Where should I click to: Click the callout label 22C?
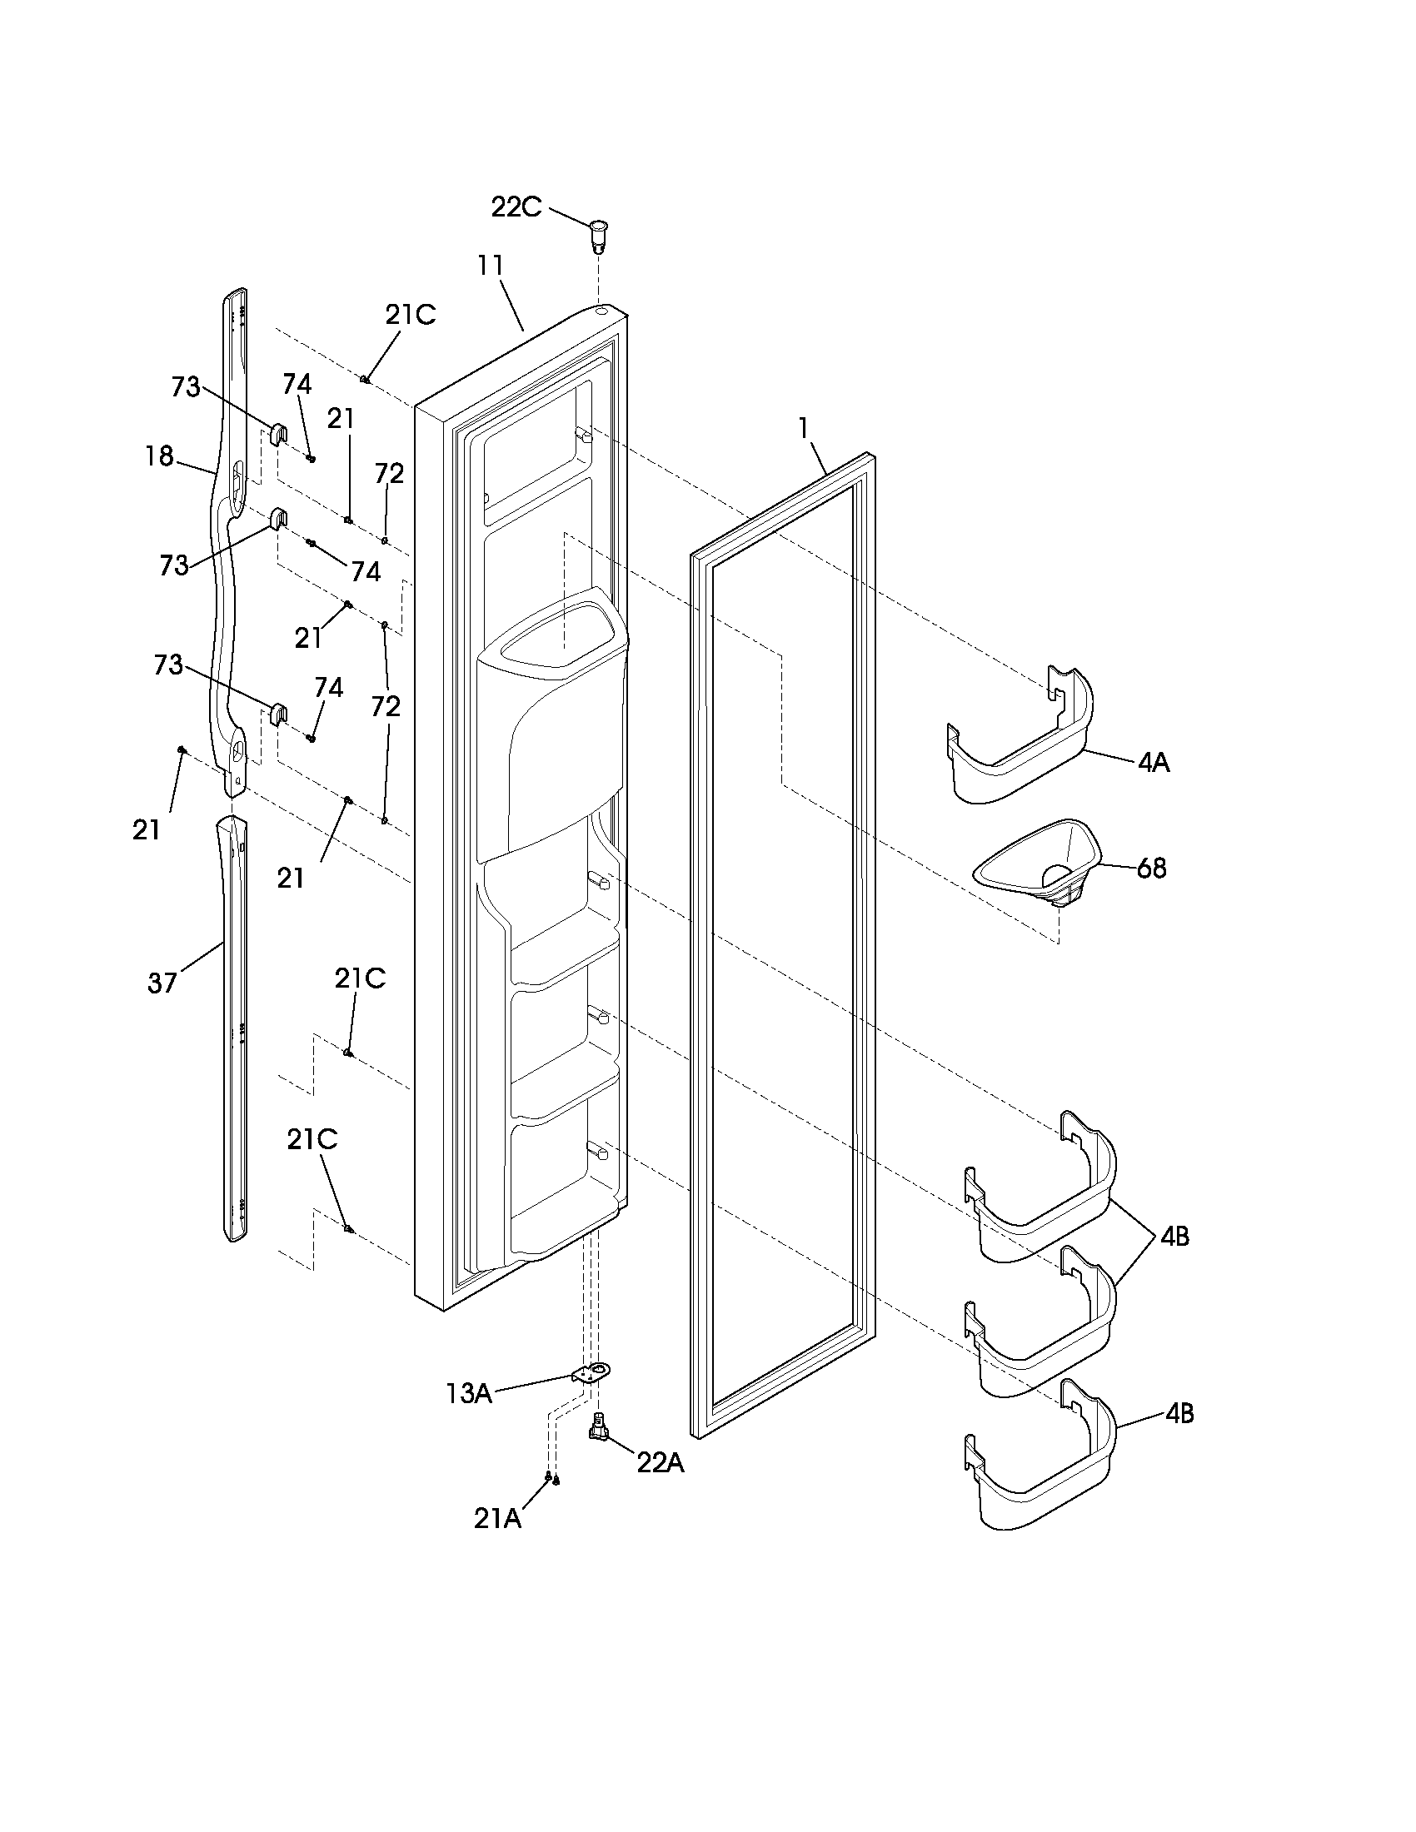pos(516,207)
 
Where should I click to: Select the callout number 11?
pos(491,266)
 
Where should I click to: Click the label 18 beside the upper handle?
pos(159,456)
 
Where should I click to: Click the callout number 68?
pos(1151,869)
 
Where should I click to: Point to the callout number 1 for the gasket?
pos(803,429)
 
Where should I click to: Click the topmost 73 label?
pos(186,386)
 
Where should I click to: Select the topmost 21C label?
pos(410,315)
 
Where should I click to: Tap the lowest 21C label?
pos(312,1139)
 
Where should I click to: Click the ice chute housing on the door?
pos(552,721)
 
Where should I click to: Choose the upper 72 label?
pos(389,474)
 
